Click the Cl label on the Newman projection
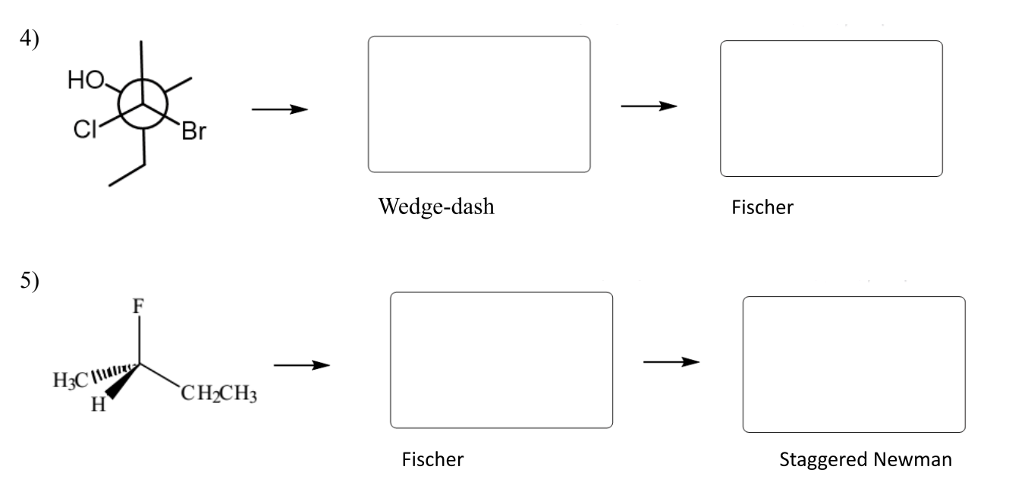(x=85, y=131)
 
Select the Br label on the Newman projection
(x=193, y=134)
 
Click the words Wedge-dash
(x=435, y=207)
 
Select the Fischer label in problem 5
(x=432, y=459)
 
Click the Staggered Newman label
(x=866, y=460)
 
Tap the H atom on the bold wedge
(x=96, y=404)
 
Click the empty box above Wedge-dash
(x=479, y=105)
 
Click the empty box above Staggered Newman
(x=853, y=364)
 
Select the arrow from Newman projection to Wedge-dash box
(x=280, y=110)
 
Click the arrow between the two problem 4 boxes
(x=649, y=106)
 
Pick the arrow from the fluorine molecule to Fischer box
(x=302, y=366)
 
